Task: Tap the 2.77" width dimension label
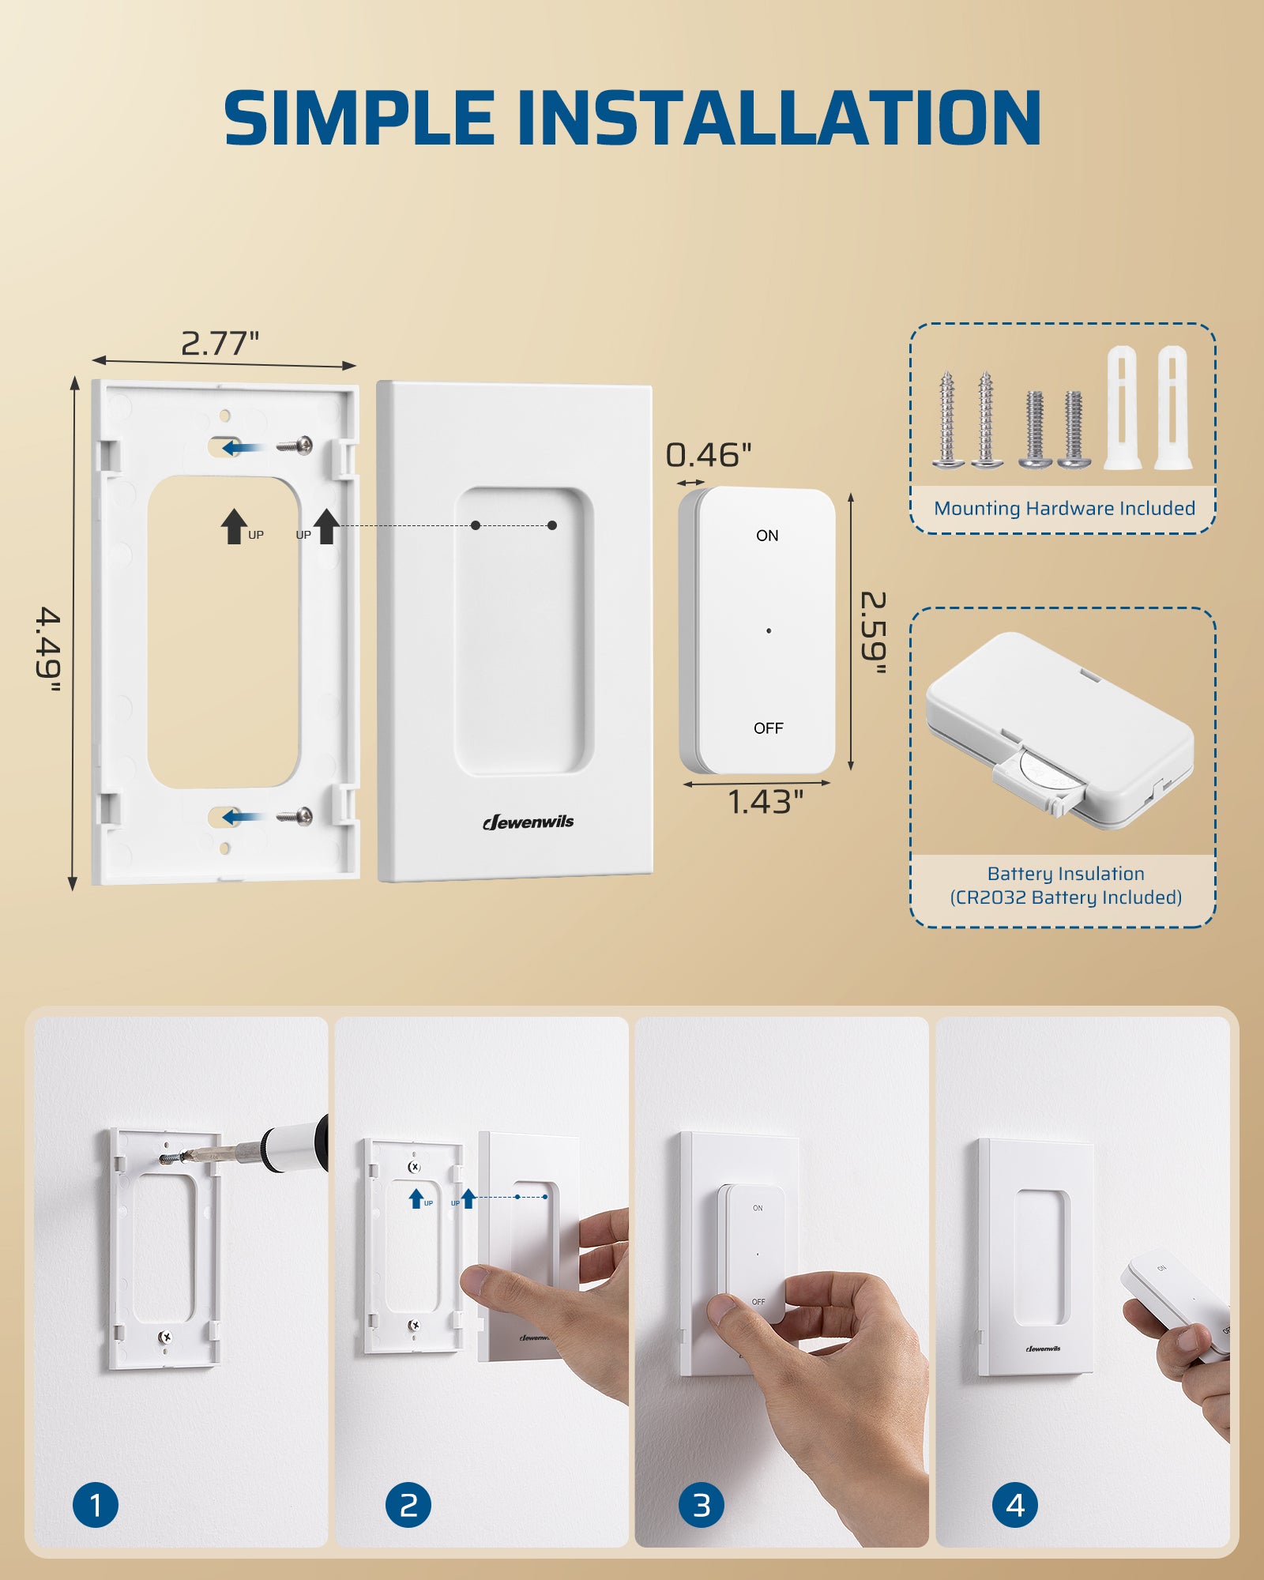[220, 344]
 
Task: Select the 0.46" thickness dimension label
[708, 455]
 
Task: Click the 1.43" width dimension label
[764, 802]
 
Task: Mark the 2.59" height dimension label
[873, 633]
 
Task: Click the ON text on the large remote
[767, 536]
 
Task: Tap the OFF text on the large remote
[768, 728]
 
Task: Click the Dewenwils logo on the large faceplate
[529, 822]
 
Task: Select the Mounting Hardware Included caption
[1064, 509]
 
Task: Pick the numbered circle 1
[96, 1505]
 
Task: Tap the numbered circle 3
[702, 1505]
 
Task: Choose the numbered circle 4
[1014, 1505]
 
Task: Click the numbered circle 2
[408, 1505]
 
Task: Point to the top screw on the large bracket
[296, 446]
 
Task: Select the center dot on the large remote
[769, 630]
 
